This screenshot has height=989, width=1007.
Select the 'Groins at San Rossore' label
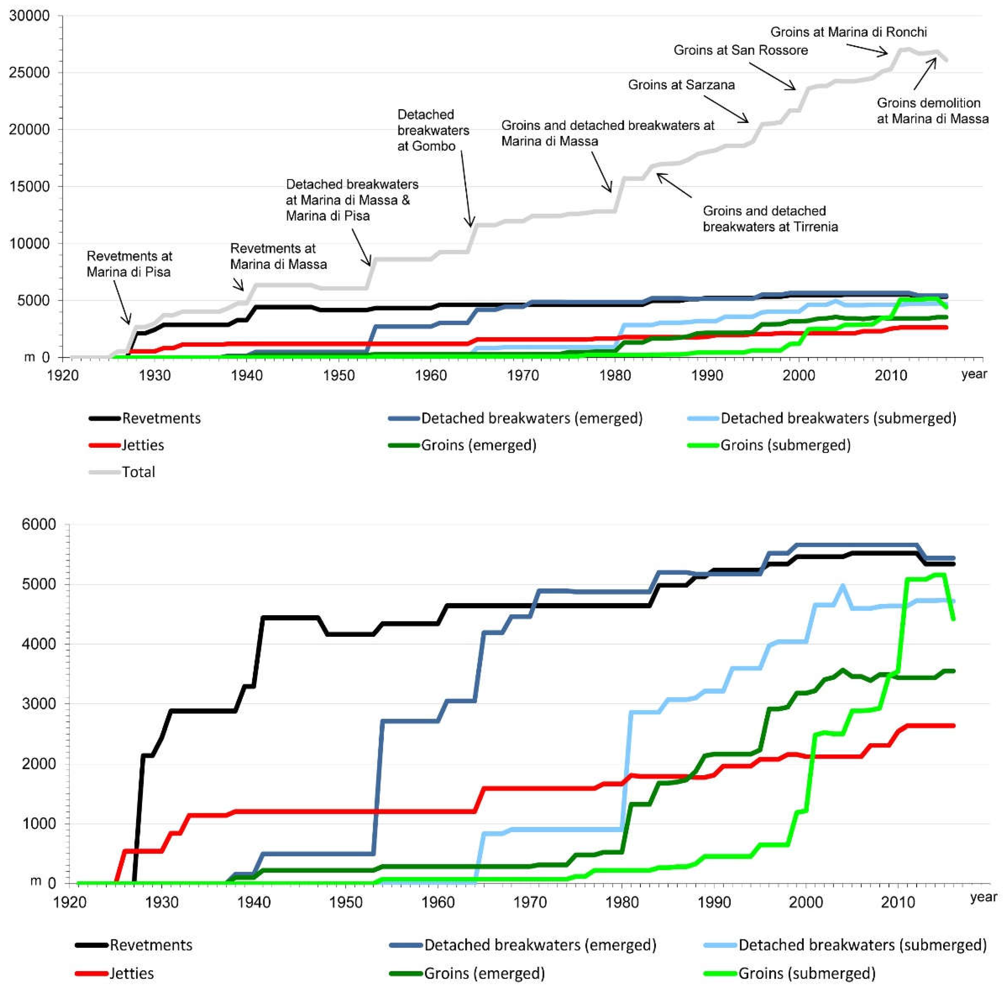(740, 50)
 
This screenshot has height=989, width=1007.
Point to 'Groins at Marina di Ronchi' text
(848, 32)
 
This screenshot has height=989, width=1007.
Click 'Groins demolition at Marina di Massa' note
(932, 111)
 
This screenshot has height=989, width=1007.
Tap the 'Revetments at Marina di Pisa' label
(129, 264)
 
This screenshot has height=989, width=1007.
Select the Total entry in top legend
(138, 472)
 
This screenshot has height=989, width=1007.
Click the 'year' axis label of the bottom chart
(983, 897)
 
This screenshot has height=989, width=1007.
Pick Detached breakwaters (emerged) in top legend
(532, 418)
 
